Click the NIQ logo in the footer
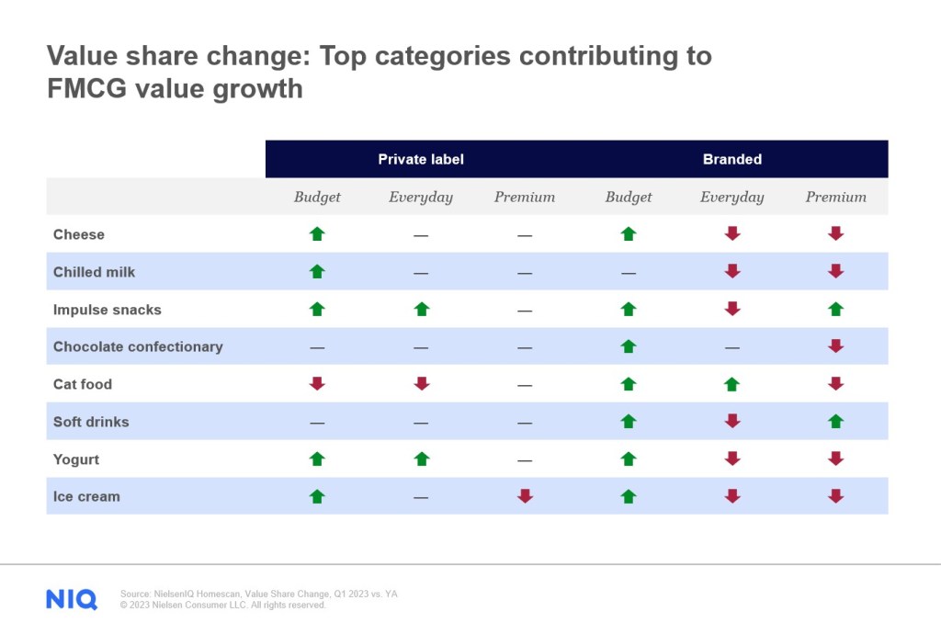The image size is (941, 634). coord(72,599)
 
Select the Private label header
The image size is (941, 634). coord(421,160)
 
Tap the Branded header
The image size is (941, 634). coord(732,160)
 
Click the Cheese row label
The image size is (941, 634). coord(79,234)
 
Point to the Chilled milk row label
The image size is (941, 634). coord(95,272)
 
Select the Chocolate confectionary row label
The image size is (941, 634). coord(138,346)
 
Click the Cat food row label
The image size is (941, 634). coord(83,384)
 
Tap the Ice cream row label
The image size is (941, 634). coord(86,497)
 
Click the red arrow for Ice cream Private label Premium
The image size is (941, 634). coord(525,496)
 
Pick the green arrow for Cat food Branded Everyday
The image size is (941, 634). coord(732,384)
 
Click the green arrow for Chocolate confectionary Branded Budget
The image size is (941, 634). coord(629,346)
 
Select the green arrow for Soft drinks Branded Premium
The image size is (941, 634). coord(836,421)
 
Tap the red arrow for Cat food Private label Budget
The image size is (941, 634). coord(317,384)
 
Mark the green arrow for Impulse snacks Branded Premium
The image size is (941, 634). coord(836,309)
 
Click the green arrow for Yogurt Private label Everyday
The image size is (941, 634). coord(421,459)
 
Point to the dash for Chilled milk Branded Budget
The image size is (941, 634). coord(629,273)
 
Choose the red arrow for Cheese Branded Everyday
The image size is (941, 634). coord(732,233)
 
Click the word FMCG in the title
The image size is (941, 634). coord(86,89)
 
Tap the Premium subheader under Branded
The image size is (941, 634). coord(836,197)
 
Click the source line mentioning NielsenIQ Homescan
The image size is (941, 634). coord(258,594)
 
